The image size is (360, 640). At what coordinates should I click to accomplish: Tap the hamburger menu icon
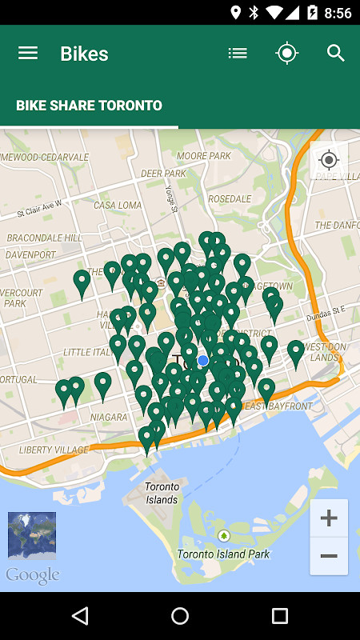[x=28, y=54]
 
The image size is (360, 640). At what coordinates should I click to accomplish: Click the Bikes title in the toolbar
[x=84, y=54]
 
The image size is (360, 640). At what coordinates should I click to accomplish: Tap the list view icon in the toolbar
[x=238, y=54]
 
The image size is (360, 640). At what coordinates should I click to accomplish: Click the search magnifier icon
[x=336, y=54]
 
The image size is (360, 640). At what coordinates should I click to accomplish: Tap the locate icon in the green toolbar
[x=286, y=54]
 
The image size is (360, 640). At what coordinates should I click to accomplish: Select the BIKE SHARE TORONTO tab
[x=89, y=106]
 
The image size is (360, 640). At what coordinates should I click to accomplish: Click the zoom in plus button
[x=329, y=518]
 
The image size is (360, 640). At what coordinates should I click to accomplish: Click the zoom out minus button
[x=329, y=556]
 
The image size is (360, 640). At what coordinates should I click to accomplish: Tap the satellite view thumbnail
[x=32, y=535]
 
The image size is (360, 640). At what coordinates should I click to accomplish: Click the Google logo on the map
[x=32, y=575]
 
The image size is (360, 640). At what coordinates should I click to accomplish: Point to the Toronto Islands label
[x=162, y=493]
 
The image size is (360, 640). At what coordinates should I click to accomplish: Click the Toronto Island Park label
[x=223, y=554]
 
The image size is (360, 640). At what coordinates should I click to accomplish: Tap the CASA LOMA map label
[x=117, y=206]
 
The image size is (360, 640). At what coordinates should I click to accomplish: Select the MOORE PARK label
[x=203, y=156]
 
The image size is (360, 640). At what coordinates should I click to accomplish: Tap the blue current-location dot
[x=203, y=361]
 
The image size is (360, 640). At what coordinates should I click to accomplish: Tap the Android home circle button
[x=180, y=615]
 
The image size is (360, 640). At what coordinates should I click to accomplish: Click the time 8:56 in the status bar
[x=338, y=13]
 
